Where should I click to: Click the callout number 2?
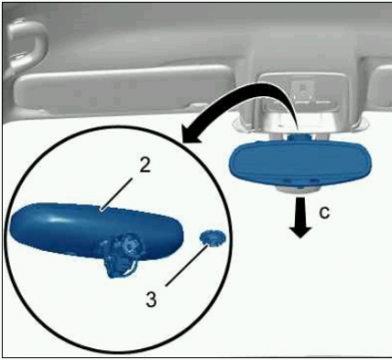144,166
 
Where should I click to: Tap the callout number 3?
151,299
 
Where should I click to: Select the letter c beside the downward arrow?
324,213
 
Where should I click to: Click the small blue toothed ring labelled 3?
209,237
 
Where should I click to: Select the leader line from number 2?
117,193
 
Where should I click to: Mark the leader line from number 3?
186,266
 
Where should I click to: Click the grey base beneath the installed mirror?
297,189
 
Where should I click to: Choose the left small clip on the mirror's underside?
287,180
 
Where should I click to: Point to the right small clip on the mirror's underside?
313,180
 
